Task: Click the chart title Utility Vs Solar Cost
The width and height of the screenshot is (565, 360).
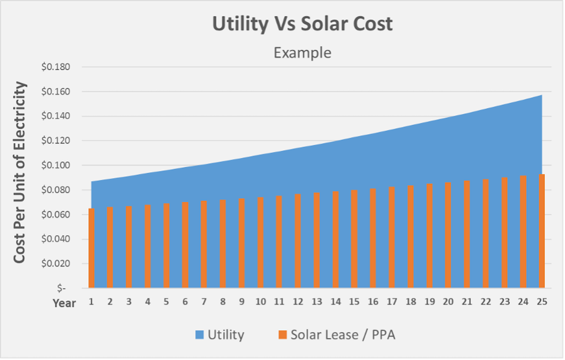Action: click(x=302, y=24)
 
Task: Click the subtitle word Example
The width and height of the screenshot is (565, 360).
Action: click(x=302, y=53)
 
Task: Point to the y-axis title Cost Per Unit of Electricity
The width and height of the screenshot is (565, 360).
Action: click(x=20, y=172)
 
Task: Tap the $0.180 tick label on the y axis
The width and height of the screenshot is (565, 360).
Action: click(x=56, y=67)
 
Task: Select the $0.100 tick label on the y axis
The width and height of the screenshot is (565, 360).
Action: click(x=56, y=166)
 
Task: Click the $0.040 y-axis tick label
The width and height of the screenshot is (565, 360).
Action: click(x=56, y=239)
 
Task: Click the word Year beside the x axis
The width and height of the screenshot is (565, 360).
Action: click(x=65, y=303)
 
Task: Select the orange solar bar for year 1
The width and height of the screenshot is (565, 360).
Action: click(x=92, y=248)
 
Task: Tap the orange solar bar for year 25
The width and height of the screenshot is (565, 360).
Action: click(x=542, y=232)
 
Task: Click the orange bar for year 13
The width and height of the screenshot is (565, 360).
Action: click(x=317, y=241)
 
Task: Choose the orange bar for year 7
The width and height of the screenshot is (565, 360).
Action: click(x=204, y=245)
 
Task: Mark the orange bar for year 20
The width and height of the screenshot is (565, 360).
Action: click(x=448, y=235)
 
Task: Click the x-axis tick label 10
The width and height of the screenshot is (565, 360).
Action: click(x=260, y=302)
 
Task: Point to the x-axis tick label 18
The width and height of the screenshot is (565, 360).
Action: click(x=411, y=302)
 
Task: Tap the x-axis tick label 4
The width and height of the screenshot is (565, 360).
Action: click(x=148, y=302)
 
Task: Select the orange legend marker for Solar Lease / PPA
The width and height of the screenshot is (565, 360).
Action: click(x=282, y=335)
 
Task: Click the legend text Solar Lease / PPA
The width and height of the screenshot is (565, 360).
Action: click(x=343, y=335)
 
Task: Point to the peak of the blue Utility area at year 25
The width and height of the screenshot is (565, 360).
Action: click(x=541, y=96)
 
